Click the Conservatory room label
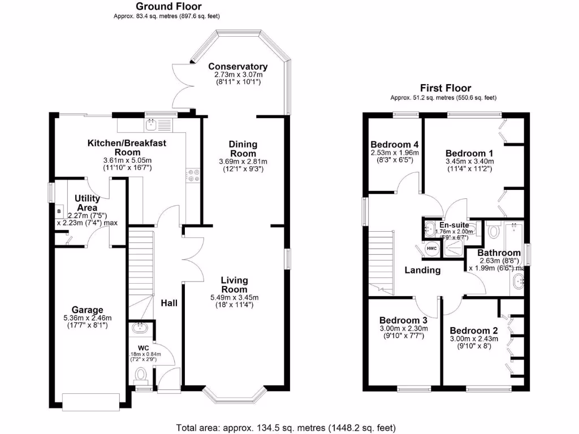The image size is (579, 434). pos(237,66)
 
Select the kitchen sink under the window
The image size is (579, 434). pos(152,122)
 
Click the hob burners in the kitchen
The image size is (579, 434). pos(193,176)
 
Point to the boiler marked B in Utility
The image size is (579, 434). pos(58,212)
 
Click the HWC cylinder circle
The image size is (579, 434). pos(431,249)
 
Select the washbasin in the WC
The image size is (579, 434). pos(139,327)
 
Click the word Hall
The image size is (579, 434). pos(168,303)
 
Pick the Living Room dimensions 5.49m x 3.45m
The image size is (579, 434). pos(234,297)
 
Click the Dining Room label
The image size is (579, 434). pos(243,149)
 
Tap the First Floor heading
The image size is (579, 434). pos(445,88)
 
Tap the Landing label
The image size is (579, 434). pos(422,270)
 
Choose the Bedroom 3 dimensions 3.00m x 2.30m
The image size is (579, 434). pos(403,328)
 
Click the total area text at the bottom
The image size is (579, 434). pos(286,427)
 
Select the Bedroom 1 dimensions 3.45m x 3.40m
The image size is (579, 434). pos(470,161)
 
